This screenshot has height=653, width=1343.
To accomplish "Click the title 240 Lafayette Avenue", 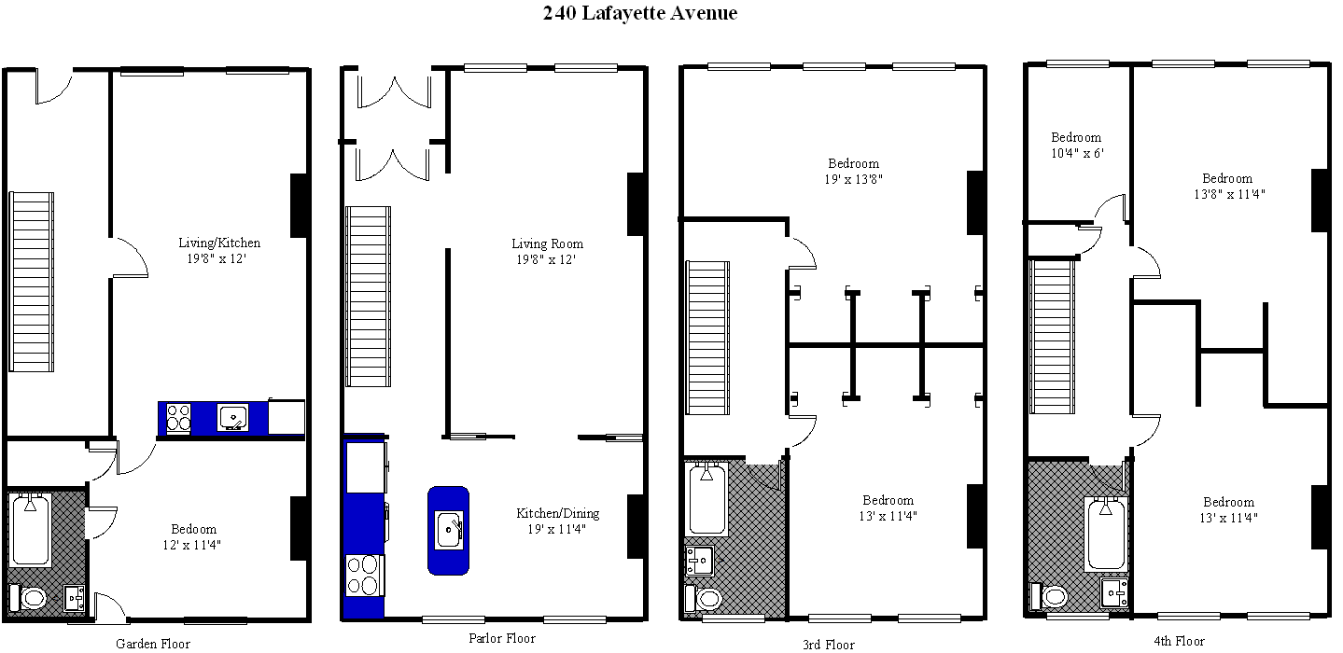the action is click(639, 12).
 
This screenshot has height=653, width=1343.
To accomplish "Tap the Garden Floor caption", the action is click(153, 644).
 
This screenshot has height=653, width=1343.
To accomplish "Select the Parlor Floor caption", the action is click(502, 638).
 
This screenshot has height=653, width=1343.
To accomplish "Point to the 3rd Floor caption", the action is click(829, 645).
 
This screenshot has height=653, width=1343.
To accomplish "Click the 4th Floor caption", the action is click(1180, 641).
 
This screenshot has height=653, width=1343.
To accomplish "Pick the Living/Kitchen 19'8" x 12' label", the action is click(219, 250).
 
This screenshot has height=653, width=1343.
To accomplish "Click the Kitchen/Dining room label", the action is click(557, 521).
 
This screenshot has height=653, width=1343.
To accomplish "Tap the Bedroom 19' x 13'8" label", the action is click(854, 172).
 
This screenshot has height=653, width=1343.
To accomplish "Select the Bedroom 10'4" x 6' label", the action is click(1077, 145).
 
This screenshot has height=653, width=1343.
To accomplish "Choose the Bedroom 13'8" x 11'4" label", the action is click(1229, 186).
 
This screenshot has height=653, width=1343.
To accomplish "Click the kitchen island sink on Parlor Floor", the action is click(449, 530).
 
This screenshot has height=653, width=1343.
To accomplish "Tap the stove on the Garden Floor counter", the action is click(178, 418).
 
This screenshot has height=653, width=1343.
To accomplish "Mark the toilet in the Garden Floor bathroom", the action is click(28, 597).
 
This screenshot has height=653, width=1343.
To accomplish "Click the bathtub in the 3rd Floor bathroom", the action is click(707, 498).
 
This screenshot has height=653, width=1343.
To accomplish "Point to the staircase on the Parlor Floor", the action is click(368, 297).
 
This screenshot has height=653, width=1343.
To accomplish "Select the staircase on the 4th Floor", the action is click(1052, 336).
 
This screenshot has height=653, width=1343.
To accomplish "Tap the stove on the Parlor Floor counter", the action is click(364, 576).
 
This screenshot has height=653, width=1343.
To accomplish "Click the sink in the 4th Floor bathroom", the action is click(1114, 592).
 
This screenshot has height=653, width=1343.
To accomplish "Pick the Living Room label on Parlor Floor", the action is click(547, 252).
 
